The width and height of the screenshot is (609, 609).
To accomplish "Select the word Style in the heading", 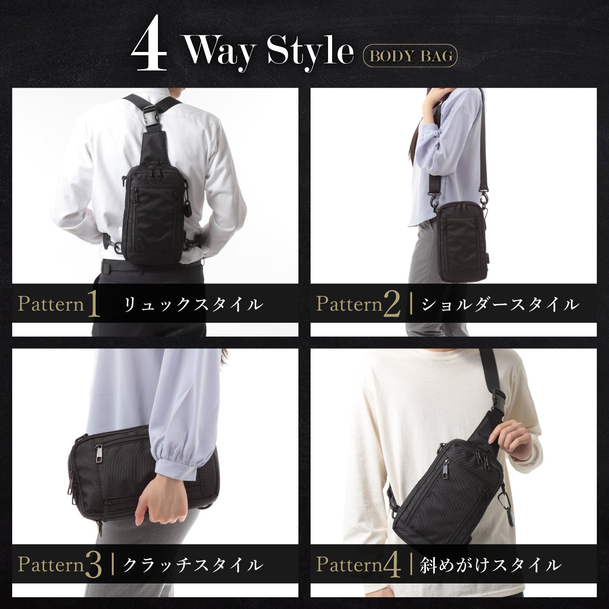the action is pos(310,52).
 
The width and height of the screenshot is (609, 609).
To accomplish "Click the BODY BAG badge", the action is pos(410,55).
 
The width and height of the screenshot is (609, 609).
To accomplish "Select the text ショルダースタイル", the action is pos(500,304).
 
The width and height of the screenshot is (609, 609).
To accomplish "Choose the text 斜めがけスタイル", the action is pos(491,565).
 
